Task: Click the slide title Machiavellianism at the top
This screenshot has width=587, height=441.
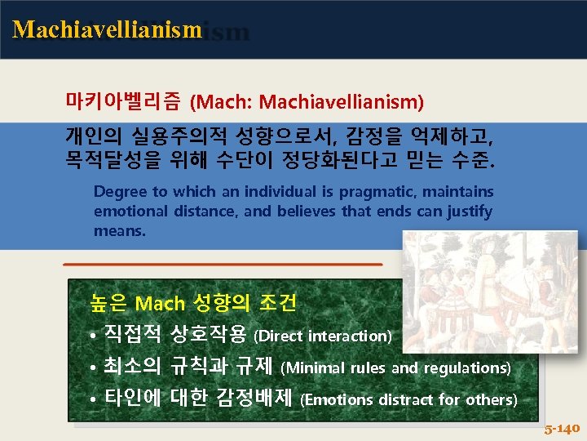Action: coord(107,30)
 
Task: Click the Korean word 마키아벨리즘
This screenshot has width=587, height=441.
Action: coord(125,103)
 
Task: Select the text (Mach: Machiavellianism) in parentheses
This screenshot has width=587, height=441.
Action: coord(307,103)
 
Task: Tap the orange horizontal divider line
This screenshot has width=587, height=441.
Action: coord(223,265)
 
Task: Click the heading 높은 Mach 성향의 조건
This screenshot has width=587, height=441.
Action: coord(193,304)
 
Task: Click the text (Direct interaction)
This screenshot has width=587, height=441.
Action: coord(323,336)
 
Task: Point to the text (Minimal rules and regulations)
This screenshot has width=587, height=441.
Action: coord(395,368)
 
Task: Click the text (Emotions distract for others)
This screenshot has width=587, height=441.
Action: coord(408,400)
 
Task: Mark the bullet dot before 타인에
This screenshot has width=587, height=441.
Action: coord(95,400)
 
